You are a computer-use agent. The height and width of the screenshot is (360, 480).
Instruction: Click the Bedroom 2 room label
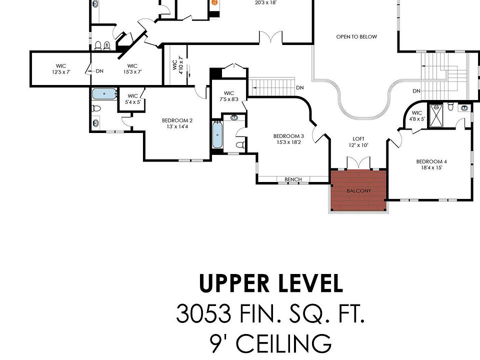coord(177,120)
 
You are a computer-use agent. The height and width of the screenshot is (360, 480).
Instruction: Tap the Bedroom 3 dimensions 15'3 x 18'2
coord(288,142)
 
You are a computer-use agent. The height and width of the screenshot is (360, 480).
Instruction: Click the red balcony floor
coord(358,190)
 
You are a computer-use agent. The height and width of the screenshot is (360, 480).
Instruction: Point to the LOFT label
coord(358,139)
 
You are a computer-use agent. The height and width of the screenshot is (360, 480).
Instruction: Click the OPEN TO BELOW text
coord(356,36)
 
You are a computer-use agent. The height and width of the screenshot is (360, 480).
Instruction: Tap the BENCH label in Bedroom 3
coord(293,179)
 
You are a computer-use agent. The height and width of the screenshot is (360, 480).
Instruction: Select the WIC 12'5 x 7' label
coord(61,69)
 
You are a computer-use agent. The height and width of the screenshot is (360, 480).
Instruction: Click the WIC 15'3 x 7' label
coord(132,69)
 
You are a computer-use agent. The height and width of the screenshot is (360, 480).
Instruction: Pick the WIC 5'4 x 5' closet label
coord(132,99)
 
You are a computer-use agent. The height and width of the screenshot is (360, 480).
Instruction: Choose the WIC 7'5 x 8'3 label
coord(228,96)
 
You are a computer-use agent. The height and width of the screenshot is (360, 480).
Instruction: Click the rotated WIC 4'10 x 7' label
coord(177,65)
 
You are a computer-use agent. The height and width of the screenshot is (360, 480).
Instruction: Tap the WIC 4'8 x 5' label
coord(416,115)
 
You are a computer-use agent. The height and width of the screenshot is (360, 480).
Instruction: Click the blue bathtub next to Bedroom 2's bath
coord(104,94)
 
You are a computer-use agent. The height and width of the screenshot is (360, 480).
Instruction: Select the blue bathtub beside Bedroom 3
coord(217,134)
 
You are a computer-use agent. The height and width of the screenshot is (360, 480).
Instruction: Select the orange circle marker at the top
coord(215,2)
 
